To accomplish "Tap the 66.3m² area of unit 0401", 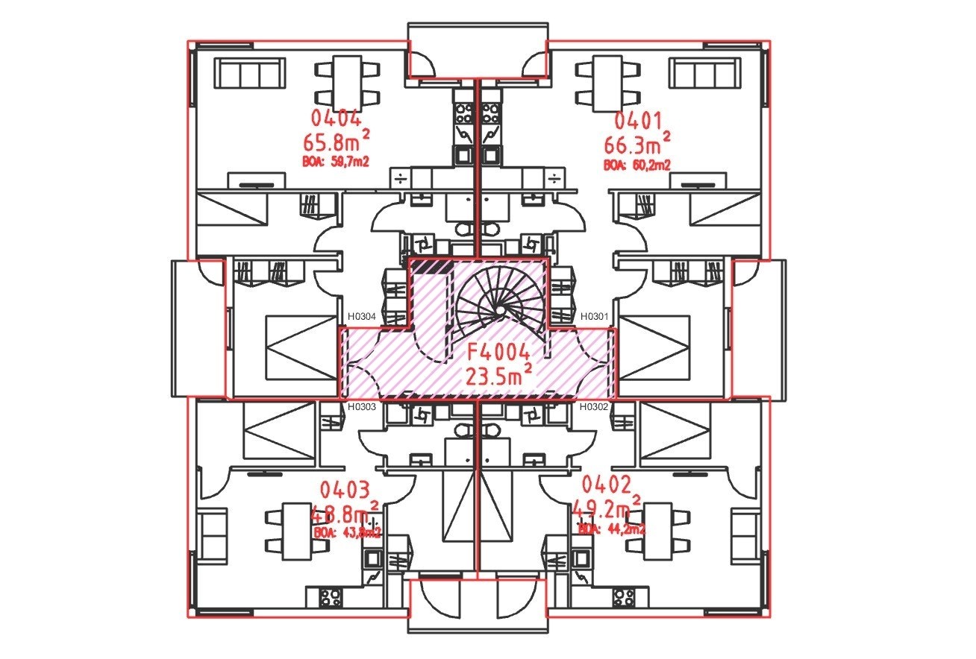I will pyautogui.click(x=636, y=142).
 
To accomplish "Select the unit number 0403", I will pyautogui.click(x=344, y=491).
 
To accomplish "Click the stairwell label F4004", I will pyautogui.click(x=498, y=353).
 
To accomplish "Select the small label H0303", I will pyautogui.click(x=362, y=407).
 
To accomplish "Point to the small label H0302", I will pyautogui.click(x=595, y=407).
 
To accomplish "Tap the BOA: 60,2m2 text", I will pyautogui.click(x=636, y=165).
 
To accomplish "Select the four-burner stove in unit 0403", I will pyautogui.click(x=331, y=596).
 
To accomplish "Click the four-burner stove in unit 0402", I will pyautogui.click(x=624, y=596).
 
